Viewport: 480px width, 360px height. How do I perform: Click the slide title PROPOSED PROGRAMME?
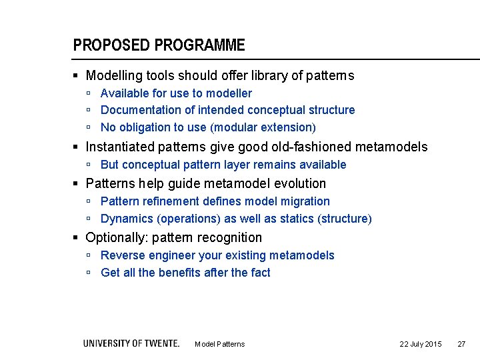159,45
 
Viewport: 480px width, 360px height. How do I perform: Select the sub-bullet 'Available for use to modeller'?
176,93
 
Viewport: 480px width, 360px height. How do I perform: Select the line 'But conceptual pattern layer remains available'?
223,165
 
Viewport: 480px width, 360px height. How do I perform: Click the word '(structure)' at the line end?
345,219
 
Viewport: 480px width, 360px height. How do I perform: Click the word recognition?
231,238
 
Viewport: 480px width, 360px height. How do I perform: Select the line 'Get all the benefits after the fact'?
185,273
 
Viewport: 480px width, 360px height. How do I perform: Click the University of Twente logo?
131,343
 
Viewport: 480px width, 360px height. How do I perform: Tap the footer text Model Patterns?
219,344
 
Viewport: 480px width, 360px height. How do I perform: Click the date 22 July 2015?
420,344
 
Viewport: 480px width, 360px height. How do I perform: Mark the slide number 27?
461,344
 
